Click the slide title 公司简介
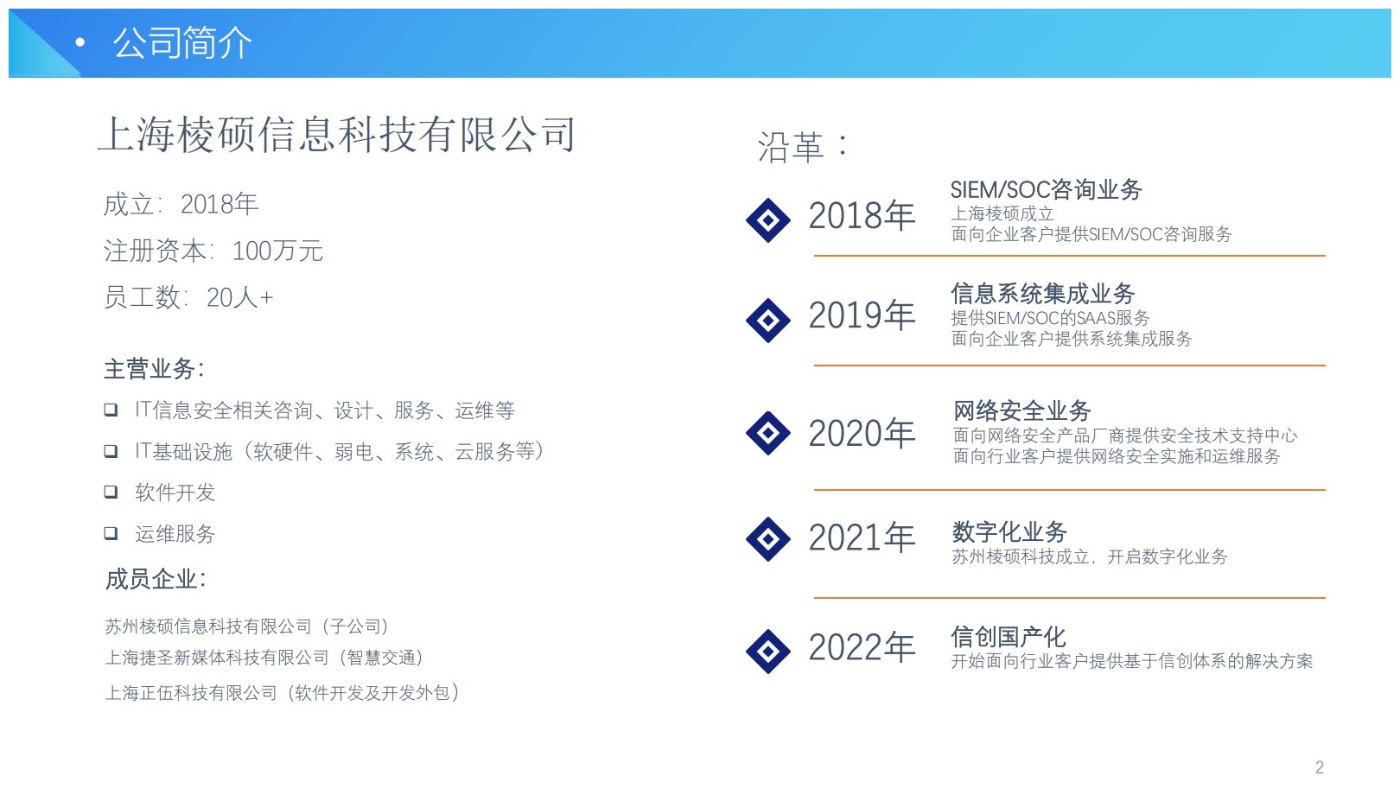tap(181, 42)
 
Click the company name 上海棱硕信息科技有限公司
tap(337, 135)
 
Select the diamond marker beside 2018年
tap(768, 220)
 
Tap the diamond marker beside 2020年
tap(768, 433)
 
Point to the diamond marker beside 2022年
tap(768, 652)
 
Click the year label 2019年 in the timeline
tap(862, 315)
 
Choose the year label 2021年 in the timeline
tap(862, 537)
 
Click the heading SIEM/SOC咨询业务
tap(1047, 189)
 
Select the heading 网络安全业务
tap(1021, 410)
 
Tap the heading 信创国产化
tap(1009, 637)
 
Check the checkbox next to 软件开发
tap(111, 492)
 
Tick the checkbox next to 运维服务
tap(111, 533)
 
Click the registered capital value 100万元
tap(277, 251)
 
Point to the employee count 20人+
tap(240, 297)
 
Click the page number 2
tap(1320, 766)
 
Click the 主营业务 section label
tap(154, 369)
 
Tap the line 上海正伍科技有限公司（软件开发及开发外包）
tap(283, 692)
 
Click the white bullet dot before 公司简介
tap(80, 41)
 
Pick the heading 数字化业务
tap(1009, 532)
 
